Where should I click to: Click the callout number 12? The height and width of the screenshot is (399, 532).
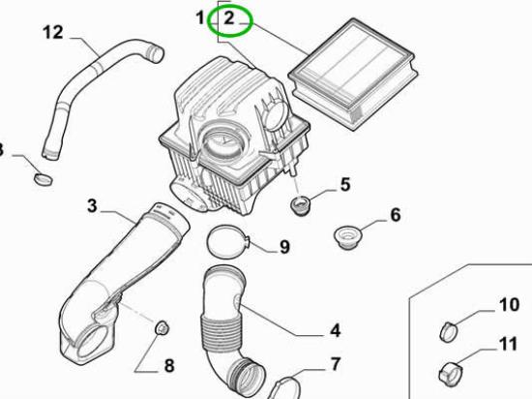pos(53,33)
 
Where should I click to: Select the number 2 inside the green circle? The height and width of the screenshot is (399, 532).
pos(229,18)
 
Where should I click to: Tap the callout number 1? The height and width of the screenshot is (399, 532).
pos(200,17)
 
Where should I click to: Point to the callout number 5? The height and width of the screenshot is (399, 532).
pos(344,185)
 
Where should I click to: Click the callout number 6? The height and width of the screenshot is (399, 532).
pos(396,215)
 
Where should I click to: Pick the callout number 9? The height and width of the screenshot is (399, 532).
pos(284,247)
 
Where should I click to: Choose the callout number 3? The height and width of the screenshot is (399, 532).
pos(92,205)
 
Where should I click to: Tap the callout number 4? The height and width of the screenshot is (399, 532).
pos(336,330)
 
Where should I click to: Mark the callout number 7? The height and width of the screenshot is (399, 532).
pos(335,364)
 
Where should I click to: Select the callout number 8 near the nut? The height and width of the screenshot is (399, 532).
pos(169,366)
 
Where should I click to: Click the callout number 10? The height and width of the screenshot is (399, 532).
pos(509,305)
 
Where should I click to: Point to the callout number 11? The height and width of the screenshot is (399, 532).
pos(508,344)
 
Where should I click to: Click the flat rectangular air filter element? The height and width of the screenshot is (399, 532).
pos(353,74)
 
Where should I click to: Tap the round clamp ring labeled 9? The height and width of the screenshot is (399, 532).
pos(209,243)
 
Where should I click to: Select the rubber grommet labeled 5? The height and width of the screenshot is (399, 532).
pos(300,205)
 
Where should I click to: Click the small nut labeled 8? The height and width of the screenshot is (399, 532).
pos(162,327)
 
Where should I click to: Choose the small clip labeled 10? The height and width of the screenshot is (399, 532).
pos(448,332)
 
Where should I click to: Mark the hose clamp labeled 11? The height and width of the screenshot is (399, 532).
pos(450,374)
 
